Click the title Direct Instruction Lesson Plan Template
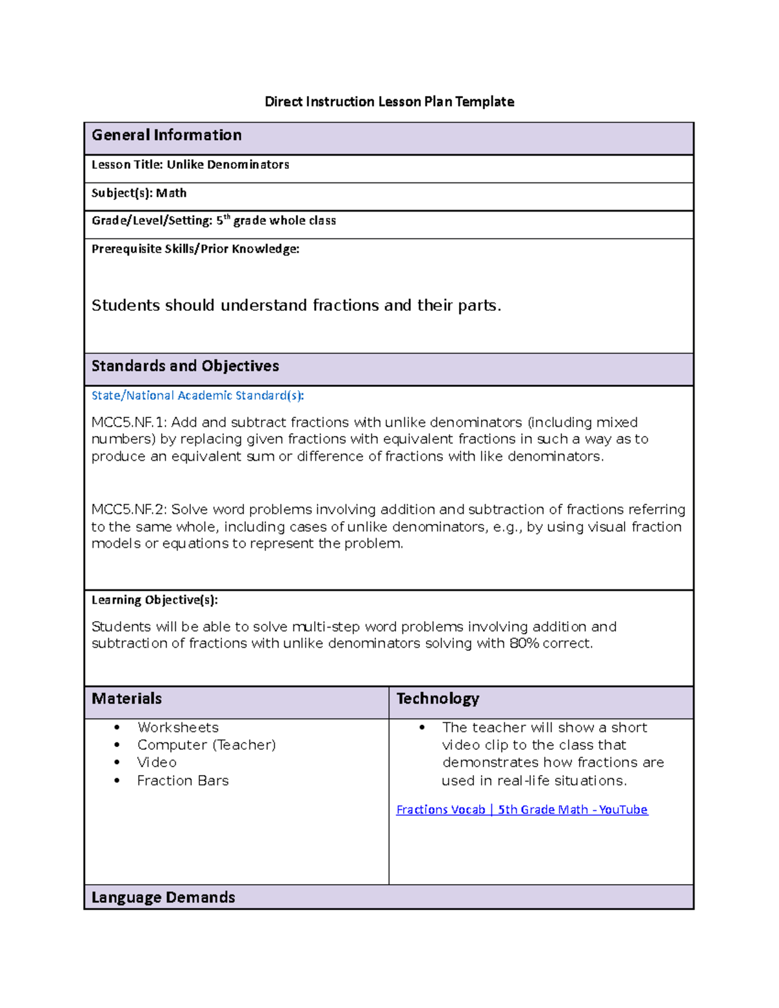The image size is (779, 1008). (389, 102)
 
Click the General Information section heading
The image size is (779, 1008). (166, 135)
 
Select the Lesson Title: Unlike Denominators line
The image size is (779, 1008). (190, 165)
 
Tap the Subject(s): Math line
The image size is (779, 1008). (139, 193)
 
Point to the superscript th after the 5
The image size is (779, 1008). (227, 217)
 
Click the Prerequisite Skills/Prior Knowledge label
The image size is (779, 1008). (195, 249)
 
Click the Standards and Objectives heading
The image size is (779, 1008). (185, 366)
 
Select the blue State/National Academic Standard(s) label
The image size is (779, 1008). (197, 396)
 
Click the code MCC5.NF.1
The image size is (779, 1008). (129, 423)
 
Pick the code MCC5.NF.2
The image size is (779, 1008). (129, 510)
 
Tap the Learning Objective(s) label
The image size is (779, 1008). (155, 600)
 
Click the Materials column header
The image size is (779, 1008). (127, 699)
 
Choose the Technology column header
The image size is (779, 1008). (438, 699)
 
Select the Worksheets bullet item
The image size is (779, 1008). (178, 728)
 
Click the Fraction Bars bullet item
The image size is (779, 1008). (182, 781)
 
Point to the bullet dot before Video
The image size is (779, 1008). (117, 763)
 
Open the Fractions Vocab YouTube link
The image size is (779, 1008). (521, 810)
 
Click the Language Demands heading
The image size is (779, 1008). (163, 898)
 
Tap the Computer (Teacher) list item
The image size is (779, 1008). (206, 745)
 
